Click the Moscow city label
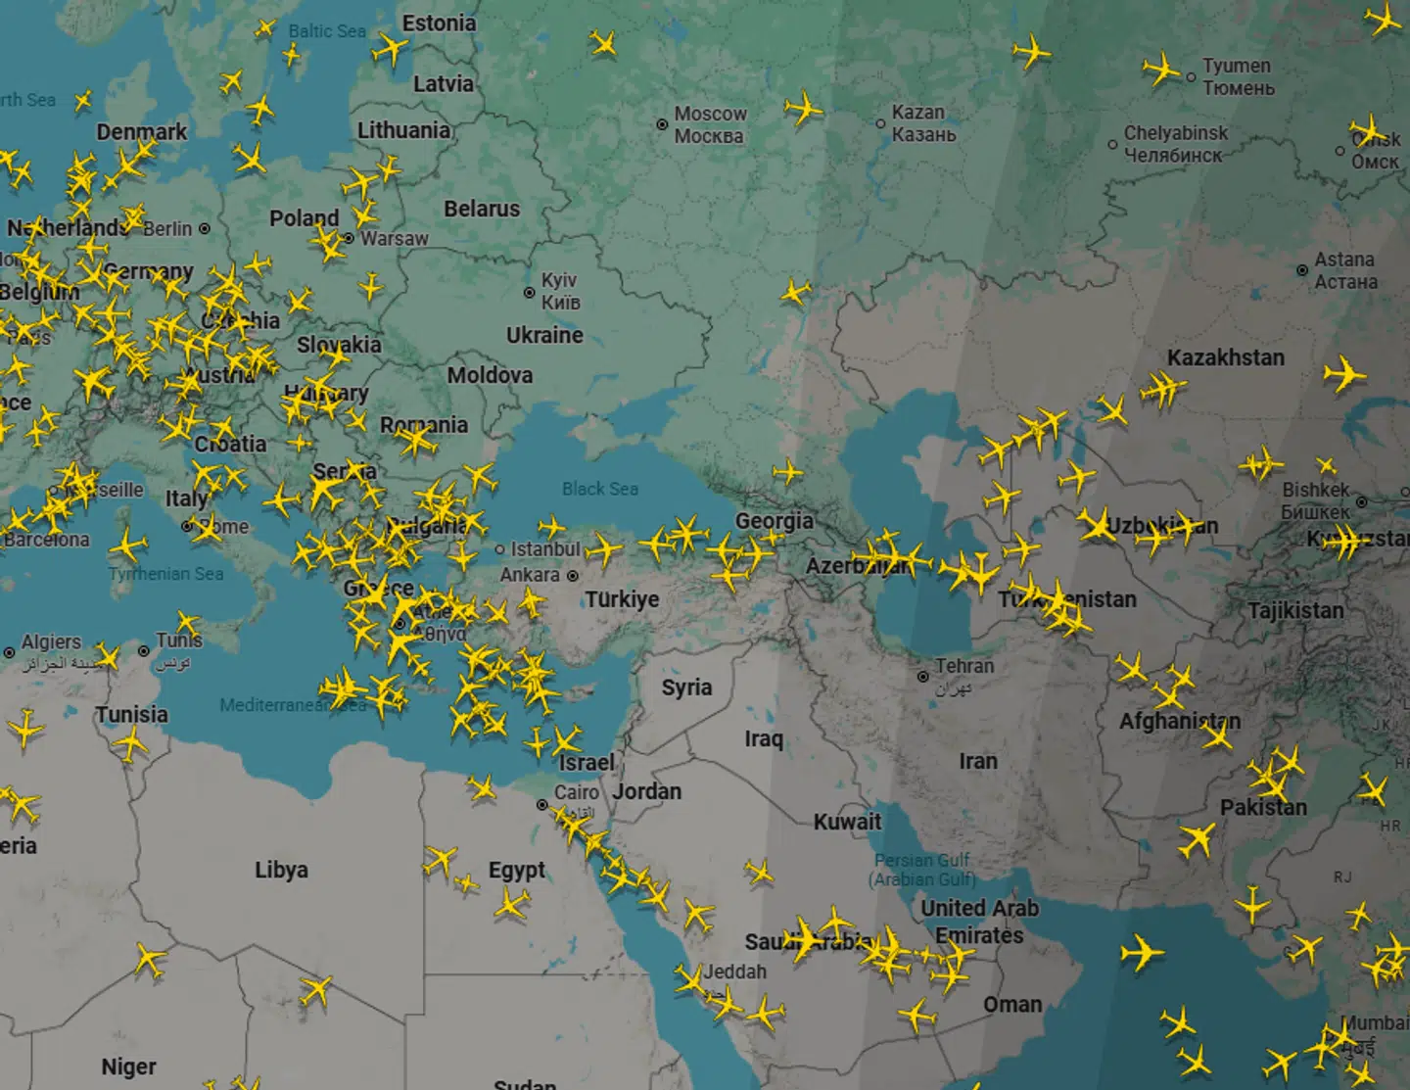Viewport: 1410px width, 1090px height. [x=710, y=124]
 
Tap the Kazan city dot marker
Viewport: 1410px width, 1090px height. [x=880, y=123]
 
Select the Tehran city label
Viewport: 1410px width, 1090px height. [x=963, y=666]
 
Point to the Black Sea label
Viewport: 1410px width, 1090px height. [x=599, y=489]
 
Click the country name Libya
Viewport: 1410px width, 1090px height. [x=281, y=870]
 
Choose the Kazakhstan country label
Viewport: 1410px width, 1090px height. [x=1225, y=357]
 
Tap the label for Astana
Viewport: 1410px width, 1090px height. [x=1344, y=270]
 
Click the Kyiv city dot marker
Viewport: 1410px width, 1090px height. [x=530, y=292]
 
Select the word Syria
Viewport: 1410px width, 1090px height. [x=686, y=687]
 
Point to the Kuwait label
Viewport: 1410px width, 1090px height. [x=847, y=822]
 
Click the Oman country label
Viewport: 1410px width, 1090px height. [x=1012, y=1005]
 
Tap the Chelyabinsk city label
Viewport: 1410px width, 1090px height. [x=1175, y=143]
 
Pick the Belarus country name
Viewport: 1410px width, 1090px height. [x=482, y=209]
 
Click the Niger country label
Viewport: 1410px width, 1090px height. [x=128, y=1066]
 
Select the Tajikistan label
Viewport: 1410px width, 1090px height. [x=1295, y=610]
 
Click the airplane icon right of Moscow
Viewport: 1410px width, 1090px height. [x=803, y=108]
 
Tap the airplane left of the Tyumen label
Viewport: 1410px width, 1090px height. [x=1161, y=70]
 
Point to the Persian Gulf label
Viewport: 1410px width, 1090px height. [x=923, y=870]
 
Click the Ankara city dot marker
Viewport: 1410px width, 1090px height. [x=573, y=576]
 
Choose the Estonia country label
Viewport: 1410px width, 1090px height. [x=439, y=23]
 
